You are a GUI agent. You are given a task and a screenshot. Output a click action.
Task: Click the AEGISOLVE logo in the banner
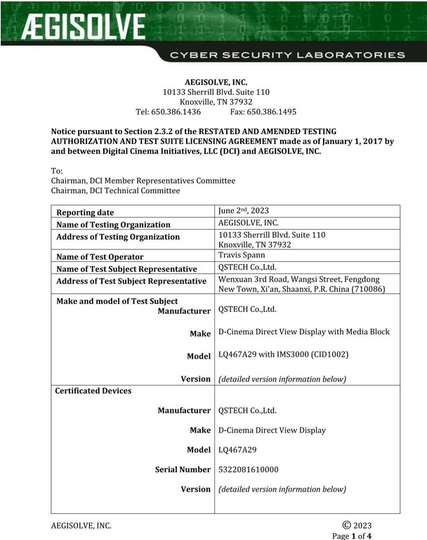coord(83,29)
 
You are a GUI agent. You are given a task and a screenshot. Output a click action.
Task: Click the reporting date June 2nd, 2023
coord(244,211)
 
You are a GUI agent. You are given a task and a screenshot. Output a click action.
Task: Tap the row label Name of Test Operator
coord(100,257)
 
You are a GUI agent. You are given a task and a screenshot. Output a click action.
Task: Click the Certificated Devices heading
coord(93,390)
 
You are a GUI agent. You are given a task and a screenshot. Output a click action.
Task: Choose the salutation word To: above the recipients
coord(58,171)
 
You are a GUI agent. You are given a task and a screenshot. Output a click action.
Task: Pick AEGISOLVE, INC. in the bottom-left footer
coord(81,525)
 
